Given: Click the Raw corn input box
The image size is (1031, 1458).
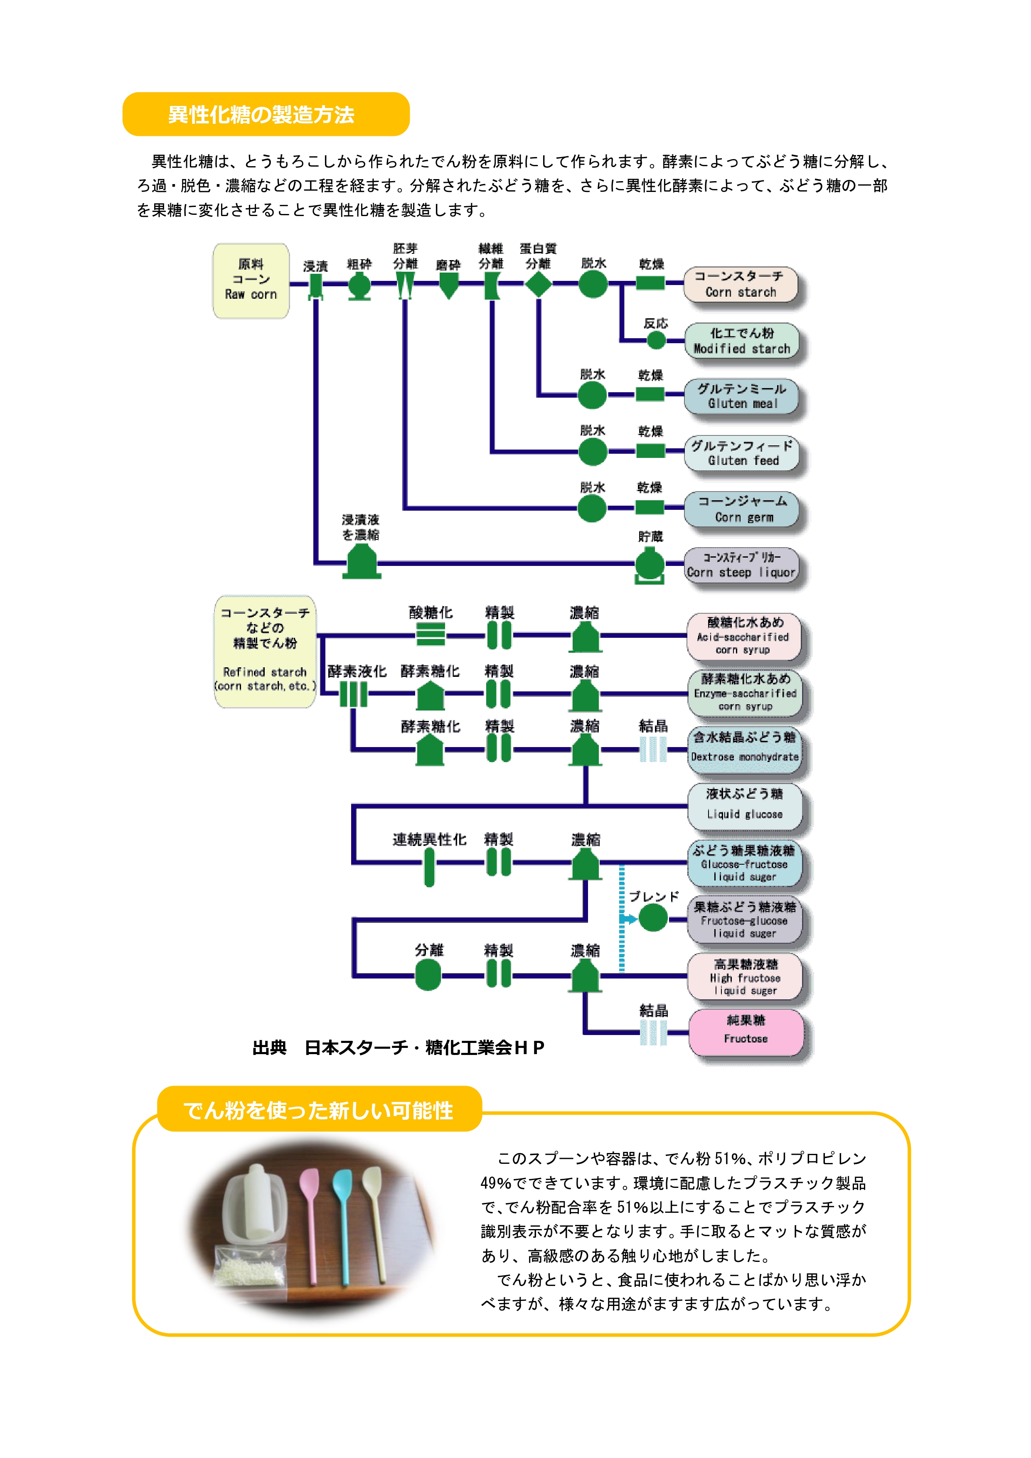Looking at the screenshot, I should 251,280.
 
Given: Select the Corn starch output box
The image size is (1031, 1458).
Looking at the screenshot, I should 740,284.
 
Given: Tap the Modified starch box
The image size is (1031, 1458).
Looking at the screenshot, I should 741,340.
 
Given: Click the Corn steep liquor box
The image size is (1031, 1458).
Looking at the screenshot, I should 741,565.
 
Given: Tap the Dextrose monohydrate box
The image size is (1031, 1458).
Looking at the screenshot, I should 745,749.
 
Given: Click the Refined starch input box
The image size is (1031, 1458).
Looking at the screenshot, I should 265,651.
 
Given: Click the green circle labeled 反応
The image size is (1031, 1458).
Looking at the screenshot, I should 656,340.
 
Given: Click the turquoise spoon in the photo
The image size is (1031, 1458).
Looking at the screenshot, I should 342,1226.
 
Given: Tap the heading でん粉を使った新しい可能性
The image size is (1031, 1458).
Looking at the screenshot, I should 319,1110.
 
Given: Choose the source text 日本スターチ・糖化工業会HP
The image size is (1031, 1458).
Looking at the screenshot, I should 424,1048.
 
